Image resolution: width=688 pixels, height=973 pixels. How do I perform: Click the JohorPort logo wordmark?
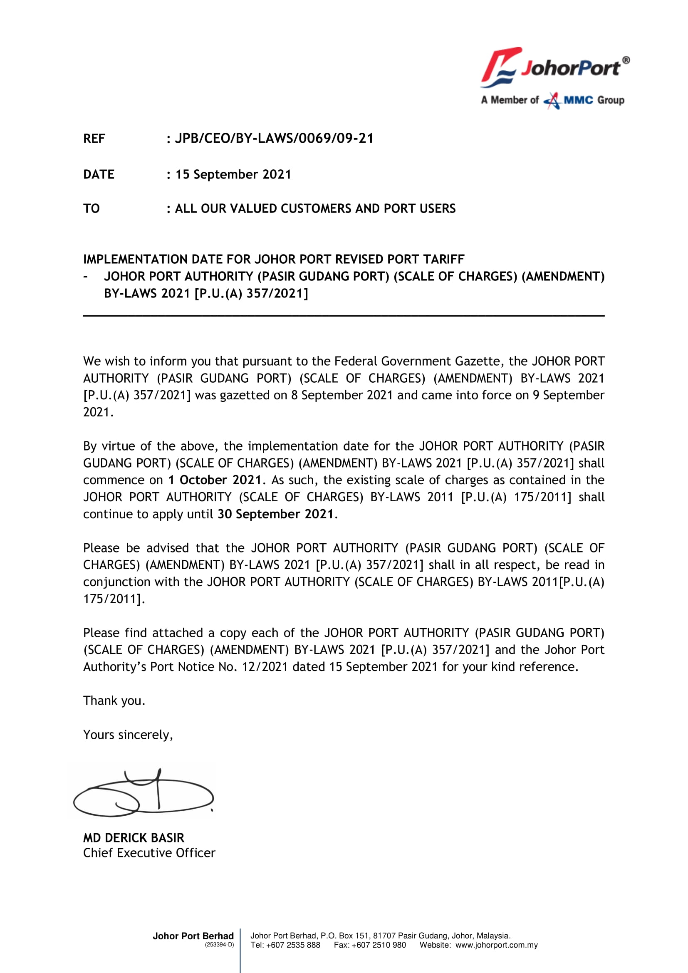click(x=570, y=68)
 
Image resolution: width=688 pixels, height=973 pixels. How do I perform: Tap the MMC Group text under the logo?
click(x=594, y=100)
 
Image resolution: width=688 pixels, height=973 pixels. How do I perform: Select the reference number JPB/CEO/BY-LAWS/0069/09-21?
click(x=274, y=139)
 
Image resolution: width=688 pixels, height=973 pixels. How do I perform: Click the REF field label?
click(x=94, y=139)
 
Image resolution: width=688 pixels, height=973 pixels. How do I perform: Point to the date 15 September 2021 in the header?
click(x=233, y=175)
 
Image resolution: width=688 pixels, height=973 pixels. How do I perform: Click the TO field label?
click(x=92, y=208)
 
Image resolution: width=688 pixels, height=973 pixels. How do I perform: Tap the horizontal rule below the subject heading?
click(x=344, y=316)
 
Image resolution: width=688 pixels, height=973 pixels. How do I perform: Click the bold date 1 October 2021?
click(x=214, y=480)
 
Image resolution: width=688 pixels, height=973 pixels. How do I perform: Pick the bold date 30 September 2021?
click(x=276, y=514)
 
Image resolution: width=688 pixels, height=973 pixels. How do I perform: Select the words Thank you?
click(x=114, y=701)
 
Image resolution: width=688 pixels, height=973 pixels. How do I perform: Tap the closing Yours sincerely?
click(x=128, y=734)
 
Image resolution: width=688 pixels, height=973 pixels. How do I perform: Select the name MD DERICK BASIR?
click(x=134, y=838)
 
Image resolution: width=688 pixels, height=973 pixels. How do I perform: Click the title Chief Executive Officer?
click(x=149, y=853)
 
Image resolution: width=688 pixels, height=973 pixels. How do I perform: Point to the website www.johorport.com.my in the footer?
click(x=497, y=945)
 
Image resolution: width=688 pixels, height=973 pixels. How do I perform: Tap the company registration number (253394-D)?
click(x=219, y=945)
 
